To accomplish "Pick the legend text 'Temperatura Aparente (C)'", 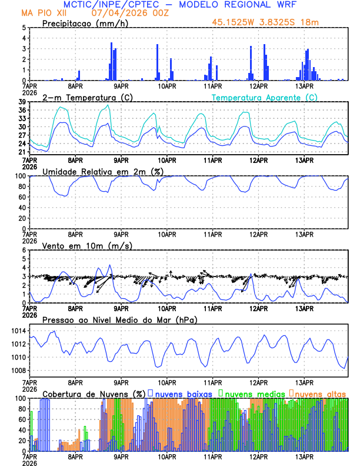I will pos(264,97).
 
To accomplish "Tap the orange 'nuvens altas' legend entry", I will pos(320,393).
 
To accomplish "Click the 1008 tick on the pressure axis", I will pos(16,370).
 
